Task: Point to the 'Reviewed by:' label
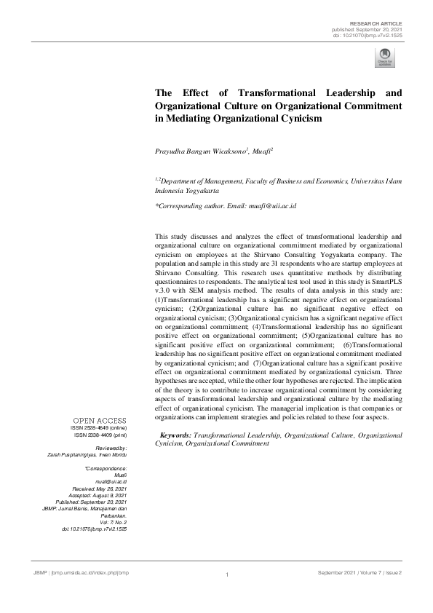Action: pos(111,448)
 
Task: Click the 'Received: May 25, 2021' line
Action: pos(100,489)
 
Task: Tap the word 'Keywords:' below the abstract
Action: pos(175,435)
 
